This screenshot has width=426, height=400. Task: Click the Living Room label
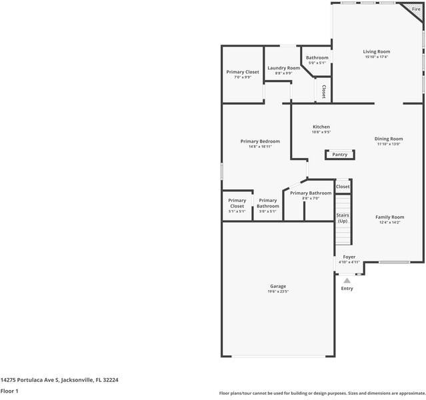pyautogui.click(x=377, y=51)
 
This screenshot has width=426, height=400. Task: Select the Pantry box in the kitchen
pyautogui.click(x=340, y=155)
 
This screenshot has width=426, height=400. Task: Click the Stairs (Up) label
pyautogui.click(x=343, y=218)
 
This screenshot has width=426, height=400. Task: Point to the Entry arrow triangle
pyautogui.click(x=347, y=281)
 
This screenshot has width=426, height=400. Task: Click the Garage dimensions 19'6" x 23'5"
pyautogui.click(x=278, y=291)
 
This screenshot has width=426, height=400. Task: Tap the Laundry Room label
pyautogui.click(x=283, y=68)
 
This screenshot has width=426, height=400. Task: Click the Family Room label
pyautogui.click(x=390, y=217)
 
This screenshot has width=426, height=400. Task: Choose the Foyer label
pyautogui.click(x=349, y=257)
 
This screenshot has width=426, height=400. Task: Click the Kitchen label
pyautogui.click(x=321, y=127)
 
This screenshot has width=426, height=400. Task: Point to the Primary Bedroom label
pyautogui.click(x=260, y=141)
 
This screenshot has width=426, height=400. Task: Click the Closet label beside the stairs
pyautogui.click(x=343, y=187)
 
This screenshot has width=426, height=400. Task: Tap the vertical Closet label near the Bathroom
pyautogui.click(x=323, y=91)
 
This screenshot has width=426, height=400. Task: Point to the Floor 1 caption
pyautogui.click(x=9, y=391)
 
